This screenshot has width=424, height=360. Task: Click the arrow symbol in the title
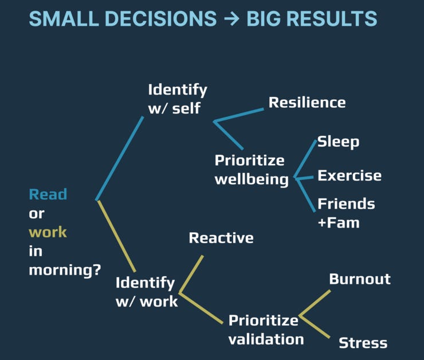(x=231, y=18)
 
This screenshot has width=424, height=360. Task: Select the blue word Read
(x=48, y=194)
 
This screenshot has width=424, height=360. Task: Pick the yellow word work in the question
(x=48, y=232)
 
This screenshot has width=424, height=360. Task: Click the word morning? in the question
(x=65, y=270)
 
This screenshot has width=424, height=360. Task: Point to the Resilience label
(x=307, y=103)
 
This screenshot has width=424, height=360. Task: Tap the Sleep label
(x=338, y=142)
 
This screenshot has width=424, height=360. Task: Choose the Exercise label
(x=350, y=175)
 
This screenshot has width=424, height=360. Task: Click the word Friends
(x=346, y=204)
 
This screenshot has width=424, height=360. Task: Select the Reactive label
(x=221, y=237)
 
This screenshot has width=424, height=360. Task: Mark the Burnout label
(x=360, y=279)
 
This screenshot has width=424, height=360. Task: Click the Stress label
(x=363, y=343)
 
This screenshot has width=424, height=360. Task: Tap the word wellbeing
(x=252, y=179)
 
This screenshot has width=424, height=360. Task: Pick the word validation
(x=266, y=339)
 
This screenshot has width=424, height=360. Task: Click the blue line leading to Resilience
(x=238, y=115)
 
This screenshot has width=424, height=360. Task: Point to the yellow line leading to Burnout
(x=315, y=303)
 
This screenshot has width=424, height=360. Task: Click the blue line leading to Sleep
(x=305, y=158)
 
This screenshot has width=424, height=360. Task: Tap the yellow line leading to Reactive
(x=191, y=273)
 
